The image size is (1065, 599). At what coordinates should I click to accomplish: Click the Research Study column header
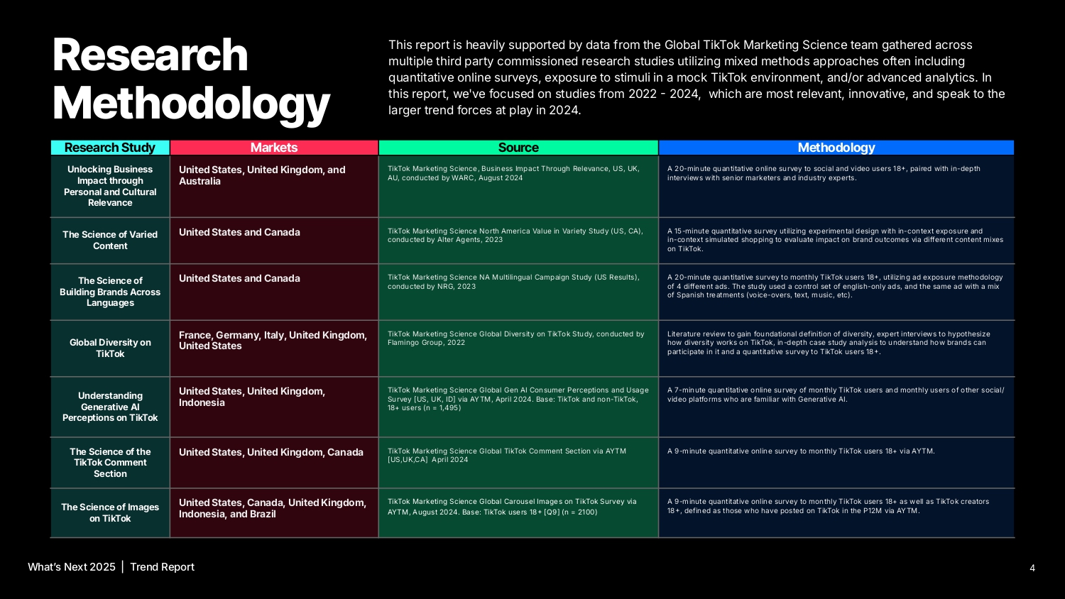[110, 148]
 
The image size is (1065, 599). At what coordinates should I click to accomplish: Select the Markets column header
[274, 148]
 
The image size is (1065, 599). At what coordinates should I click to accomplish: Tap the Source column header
[518, 148]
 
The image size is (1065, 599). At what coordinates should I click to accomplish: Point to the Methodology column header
[836, 148]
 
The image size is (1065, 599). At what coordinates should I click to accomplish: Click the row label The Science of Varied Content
[110, 240]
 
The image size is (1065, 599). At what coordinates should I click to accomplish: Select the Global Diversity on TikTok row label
[110, 348]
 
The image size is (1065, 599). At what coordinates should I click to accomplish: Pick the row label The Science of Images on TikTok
[110, 512]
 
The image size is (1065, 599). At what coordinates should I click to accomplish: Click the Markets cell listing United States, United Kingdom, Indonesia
[252, 397]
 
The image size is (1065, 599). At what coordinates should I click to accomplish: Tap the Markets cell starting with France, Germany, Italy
[273, 341]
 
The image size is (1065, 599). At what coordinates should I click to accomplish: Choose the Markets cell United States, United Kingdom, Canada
[271, 452]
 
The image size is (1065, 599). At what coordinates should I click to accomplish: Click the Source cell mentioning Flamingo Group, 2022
[516, 338]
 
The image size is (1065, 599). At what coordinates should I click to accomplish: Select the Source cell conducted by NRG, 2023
[513, 282]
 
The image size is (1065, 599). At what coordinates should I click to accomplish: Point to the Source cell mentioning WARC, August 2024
[513, 173]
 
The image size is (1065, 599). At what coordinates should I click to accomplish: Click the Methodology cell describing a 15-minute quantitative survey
[835, 240]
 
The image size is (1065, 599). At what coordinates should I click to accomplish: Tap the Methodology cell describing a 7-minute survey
[836, 395]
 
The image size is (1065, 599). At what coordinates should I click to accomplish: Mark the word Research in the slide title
[151, 55]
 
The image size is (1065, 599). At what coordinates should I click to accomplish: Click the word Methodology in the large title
[191, 104]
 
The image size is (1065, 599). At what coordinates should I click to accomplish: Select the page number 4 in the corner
[1032, 568]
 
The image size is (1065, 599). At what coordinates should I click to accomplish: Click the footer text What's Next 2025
[72, 567]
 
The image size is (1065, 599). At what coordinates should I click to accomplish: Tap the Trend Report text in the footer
[162, 567]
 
